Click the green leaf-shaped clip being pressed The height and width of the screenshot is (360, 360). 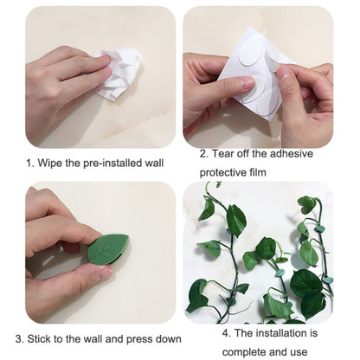(108, 249)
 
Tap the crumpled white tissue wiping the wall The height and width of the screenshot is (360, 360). (119, 74)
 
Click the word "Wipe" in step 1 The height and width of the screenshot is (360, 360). (50, 163)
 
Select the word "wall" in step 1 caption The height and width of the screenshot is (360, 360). (154, 163)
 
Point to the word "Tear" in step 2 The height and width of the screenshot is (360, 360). (223, 153)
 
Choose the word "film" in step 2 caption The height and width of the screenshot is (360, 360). (258, 172)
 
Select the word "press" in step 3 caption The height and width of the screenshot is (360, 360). (139, 339)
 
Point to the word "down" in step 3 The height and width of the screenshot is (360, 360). (169, 338)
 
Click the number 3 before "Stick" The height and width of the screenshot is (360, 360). (19, 339)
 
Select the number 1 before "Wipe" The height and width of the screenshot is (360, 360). (30, 164)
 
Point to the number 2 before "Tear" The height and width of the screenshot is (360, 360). (203, 154)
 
